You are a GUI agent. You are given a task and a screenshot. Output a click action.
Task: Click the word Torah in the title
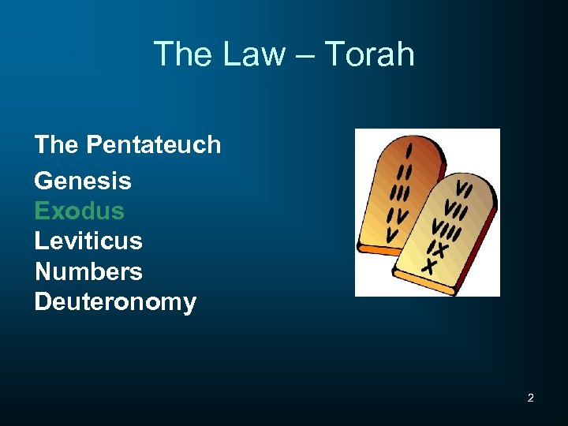coord(369,54)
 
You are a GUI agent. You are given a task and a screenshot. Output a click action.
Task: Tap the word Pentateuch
coord(154,145)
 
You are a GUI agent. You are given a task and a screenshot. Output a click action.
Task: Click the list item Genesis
coord(83,181)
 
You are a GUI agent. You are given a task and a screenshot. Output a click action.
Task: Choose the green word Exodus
coord(79,211)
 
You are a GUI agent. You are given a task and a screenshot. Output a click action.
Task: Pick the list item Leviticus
coord(88,241)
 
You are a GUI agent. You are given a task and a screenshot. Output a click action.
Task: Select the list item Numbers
coord(88,271)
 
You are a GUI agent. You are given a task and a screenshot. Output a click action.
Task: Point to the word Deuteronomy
coord(115,302)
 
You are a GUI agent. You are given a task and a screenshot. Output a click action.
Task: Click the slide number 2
coord(530,398)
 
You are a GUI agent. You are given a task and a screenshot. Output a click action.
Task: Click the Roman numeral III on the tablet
coord(402,192)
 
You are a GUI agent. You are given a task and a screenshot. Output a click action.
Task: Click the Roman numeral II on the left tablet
coord(405,170)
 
